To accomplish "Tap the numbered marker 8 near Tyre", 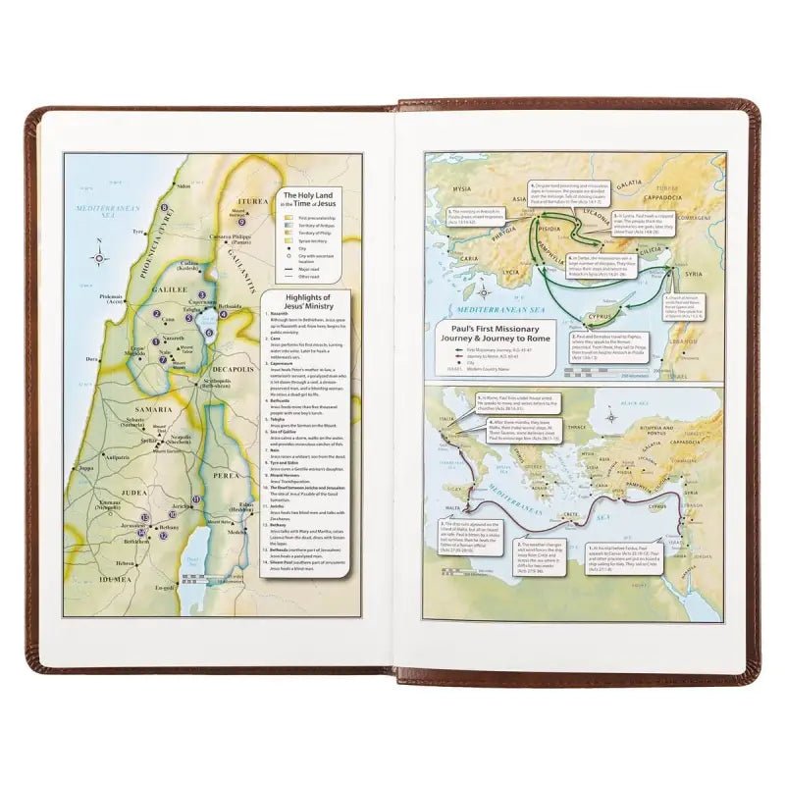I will coord(163,207).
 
